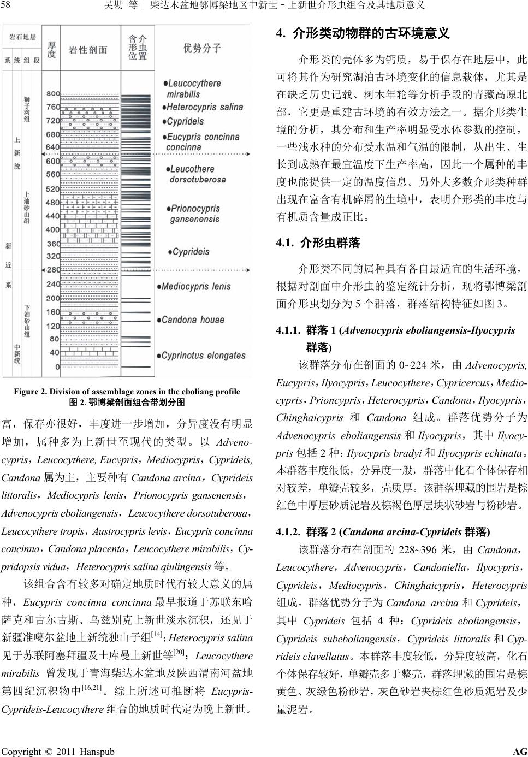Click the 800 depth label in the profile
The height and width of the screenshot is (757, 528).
pyautogui.click(x=53, y=94)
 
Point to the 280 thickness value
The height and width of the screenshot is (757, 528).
pyautogui.click(x=53, y=270)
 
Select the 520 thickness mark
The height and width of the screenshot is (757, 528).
pyautogui.click(x=53, y=189)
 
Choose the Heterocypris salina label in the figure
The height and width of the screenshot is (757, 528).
pyautogui.click(x=204, y=107)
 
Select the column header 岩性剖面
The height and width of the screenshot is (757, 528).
pyautogui.click(x=88, y=50)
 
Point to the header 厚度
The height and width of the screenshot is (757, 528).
pyautogui.click(x=52, y=49)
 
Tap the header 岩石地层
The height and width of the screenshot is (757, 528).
pyautogui.click(x=22, y=37)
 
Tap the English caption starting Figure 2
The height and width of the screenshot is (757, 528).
pyautogui.click(x=127, y=391)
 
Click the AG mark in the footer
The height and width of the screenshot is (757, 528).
pyautogui.click(x=519, y=752)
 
